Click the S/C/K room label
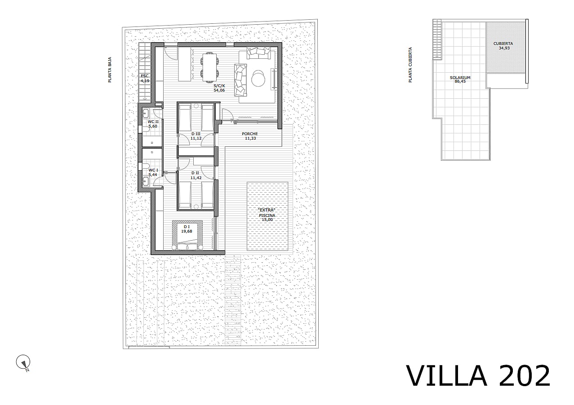click(x=219, y=86)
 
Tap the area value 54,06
click(x=219, y=90)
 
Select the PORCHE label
click(x=250, y=134)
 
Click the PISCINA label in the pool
click(x=267, y=216)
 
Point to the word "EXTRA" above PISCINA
click(x=267, y=210)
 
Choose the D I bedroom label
click(x=187, y=227)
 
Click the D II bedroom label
click(x=195, y=173)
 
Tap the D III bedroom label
click(x=196, y=134)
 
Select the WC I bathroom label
click(x=153, y=170)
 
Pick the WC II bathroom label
click(x=153, y=122)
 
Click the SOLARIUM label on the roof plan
click(x=460, y=78)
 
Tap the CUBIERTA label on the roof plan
click(x=503, y=44)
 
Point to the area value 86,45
click(x=460, y=81)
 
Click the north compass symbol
click(x=23, y=362)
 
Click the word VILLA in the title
click(x=447, y=376)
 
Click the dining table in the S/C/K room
click(x=209, y=67)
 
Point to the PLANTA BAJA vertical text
click(x=110, y=70)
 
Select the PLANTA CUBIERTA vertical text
click(x=410, y=65)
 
